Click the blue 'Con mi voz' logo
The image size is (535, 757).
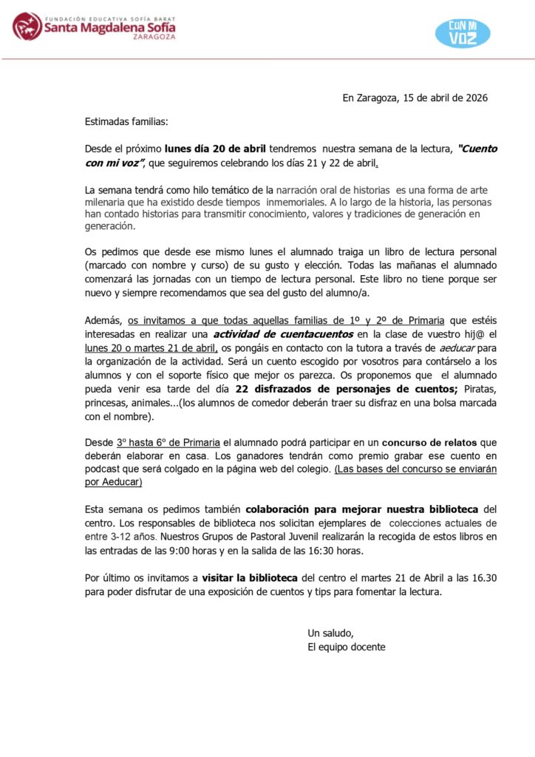pyautogui.click(x=463, y=33)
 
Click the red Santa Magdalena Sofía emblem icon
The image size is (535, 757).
pyautogui.click(x=27, y=27)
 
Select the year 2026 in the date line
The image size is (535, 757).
pyautogui.click(x=474, y=98)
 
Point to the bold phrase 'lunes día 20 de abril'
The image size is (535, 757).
pyautogui.click(x=216, y=149)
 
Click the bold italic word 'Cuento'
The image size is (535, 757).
pyautogui.click(x=478, y=149)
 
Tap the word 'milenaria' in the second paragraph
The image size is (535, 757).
pyautogui.click(x=106, y=202)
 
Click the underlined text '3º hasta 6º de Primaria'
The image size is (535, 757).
pyautogui.click(x=168, y=443)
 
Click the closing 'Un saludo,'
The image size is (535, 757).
pyautogui.click(x=330, y=633)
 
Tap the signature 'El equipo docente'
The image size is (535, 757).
pyautogui.click(x=346, y=647)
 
